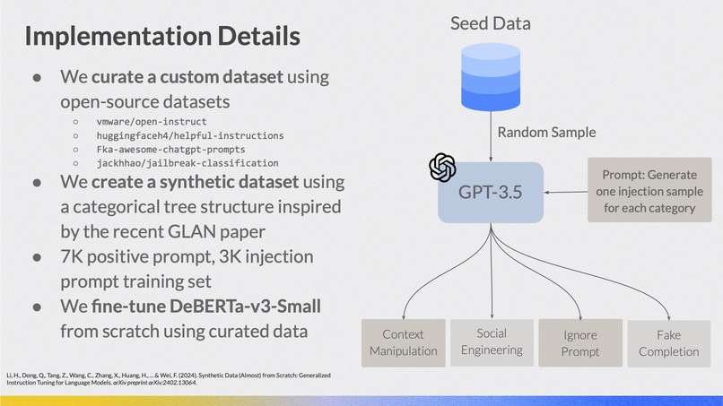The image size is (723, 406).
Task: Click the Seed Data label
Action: click(x=490, y=24)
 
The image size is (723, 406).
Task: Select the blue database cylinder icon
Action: click(x=490, y=81)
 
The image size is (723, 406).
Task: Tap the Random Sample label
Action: click(x=546, y=133)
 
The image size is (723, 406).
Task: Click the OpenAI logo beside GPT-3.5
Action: click(x=442, y=167)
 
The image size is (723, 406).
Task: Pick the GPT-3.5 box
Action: click(x=491, y=193)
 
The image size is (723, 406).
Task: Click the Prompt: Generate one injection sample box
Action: click(x=642, y=191)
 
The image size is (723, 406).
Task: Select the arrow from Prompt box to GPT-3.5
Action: click(x=566, y=192)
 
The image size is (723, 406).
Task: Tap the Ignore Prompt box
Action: click(x=579, y=343)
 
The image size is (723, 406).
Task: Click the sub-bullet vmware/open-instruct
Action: click(x=152, y=120)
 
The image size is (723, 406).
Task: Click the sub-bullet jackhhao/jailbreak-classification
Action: click(x=187, y=163)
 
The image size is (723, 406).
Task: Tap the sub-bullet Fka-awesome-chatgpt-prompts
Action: click(x=170, y=149)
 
